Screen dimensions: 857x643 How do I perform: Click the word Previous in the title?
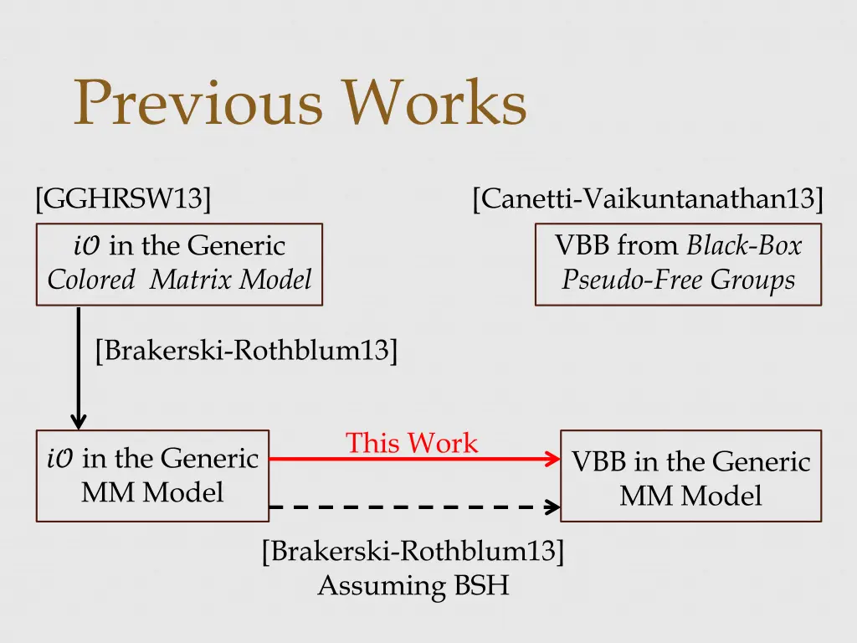[x=198, y=104]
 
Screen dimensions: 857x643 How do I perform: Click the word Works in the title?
[x=436, y=104]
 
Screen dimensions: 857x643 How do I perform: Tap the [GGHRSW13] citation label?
[x=123, y=199]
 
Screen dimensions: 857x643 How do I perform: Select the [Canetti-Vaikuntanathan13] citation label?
[x=648, y=199]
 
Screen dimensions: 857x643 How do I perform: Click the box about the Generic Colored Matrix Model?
[x=179, y=264]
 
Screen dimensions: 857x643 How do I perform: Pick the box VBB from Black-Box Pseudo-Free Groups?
[x=678, y=264]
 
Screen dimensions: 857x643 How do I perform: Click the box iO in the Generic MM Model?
[x=152, y=476]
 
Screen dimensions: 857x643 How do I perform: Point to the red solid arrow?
[x=410, y=459]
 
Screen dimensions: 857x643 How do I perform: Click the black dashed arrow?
[x=410, y=507]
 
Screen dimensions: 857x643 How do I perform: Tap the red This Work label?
[x=412, y=443]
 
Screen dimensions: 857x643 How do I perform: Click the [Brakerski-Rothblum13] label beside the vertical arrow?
[x=246, y=350]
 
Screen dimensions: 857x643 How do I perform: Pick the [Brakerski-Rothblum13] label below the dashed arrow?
[x=413, y=553]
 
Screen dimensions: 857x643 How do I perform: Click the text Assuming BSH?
[x=413, y=585]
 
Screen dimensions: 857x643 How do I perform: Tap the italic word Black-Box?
[x=744, y=245]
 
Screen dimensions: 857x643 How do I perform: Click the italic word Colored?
[x=90, y=280]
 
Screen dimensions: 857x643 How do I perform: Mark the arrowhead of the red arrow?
[x=552, y=459]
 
